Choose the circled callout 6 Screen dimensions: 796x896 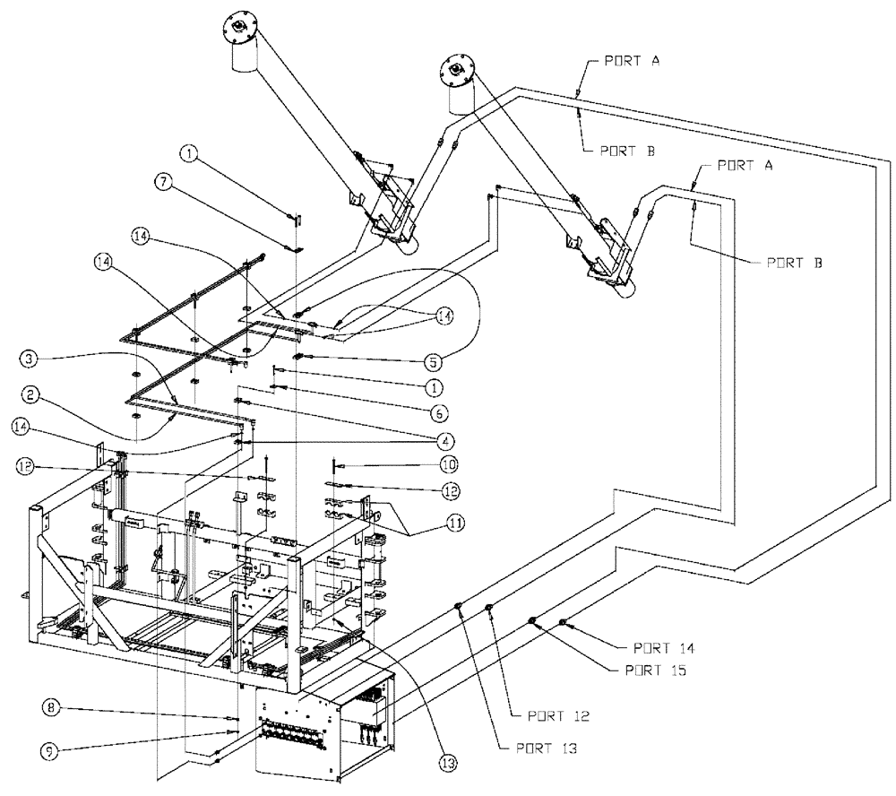click(438, 414)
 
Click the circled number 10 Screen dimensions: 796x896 click(448, 464)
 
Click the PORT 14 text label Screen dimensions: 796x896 click(663, 646)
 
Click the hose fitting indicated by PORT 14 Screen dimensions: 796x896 click(563, 623)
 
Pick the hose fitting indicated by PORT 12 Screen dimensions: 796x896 click(490, 610)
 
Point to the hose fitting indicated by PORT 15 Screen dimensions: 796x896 click(532, 620)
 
